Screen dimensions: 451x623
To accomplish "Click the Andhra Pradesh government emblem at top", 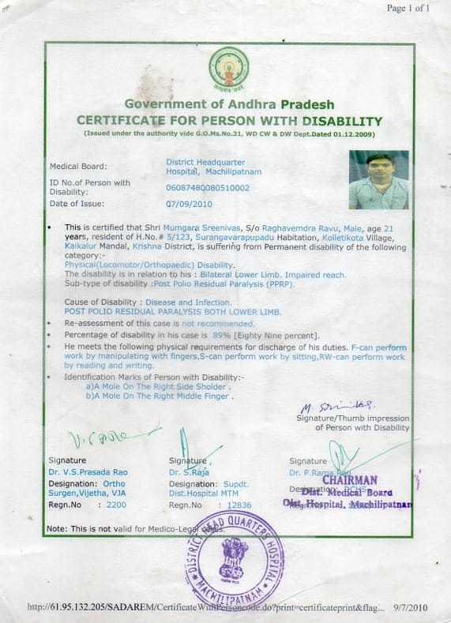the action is [x=229, y=70].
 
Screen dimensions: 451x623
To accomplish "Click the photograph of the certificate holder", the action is [x=378, y=179].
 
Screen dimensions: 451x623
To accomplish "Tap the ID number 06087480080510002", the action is [x=207, y=188].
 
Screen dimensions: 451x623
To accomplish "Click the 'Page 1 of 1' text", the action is [x=408, y=9].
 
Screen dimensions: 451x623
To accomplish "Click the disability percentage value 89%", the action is [x=232, y=335].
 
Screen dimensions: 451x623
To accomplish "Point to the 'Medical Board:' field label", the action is [x=77, y=167].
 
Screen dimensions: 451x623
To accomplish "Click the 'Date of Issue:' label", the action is [x=77, y=204].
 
